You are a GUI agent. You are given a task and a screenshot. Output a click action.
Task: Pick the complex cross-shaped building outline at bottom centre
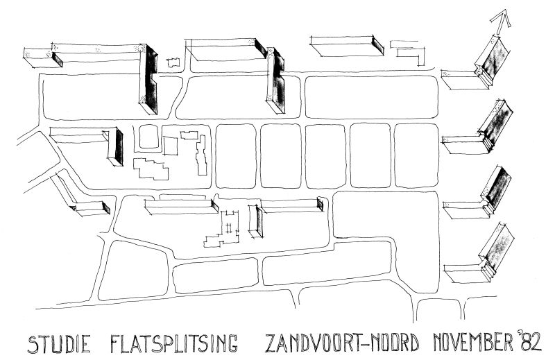225,229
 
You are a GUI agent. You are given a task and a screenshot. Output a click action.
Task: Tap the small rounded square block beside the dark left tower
148,137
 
